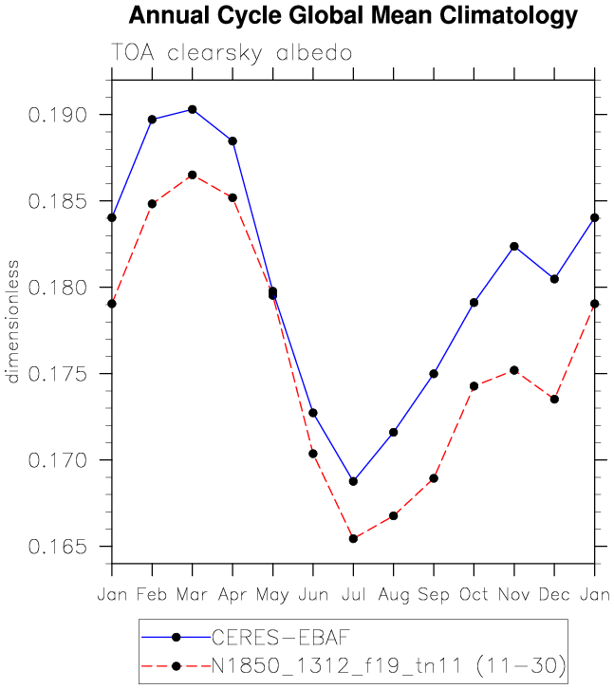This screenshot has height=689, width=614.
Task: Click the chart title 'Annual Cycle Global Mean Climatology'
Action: coord(352,15)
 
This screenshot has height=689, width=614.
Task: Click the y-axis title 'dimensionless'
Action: coord(13,322)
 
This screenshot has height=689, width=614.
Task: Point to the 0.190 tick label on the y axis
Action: coord(59,115)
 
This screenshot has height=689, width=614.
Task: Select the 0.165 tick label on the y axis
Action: coord(59,547)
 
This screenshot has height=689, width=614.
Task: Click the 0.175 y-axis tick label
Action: coord(59,374)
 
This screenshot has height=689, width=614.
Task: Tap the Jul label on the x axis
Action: coord(353,594)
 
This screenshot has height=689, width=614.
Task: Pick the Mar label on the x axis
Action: coord(193,594)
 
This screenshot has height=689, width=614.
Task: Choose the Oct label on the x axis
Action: coord(474,594)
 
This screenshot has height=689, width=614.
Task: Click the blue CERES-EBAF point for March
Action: coord(193,109)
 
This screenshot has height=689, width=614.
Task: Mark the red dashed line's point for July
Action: coord(353,539)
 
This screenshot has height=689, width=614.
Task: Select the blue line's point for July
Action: coord(353,481)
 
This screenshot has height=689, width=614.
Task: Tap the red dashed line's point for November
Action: coord(514,370)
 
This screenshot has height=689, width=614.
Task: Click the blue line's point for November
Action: coord(514,246)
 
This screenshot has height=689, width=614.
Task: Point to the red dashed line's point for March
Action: coord(193,175)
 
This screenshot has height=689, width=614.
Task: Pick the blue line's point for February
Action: coord(152,120)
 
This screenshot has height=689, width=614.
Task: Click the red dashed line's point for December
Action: coord(554,400)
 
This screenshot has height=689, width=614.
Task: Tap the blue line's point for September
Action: coord(434,374)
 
